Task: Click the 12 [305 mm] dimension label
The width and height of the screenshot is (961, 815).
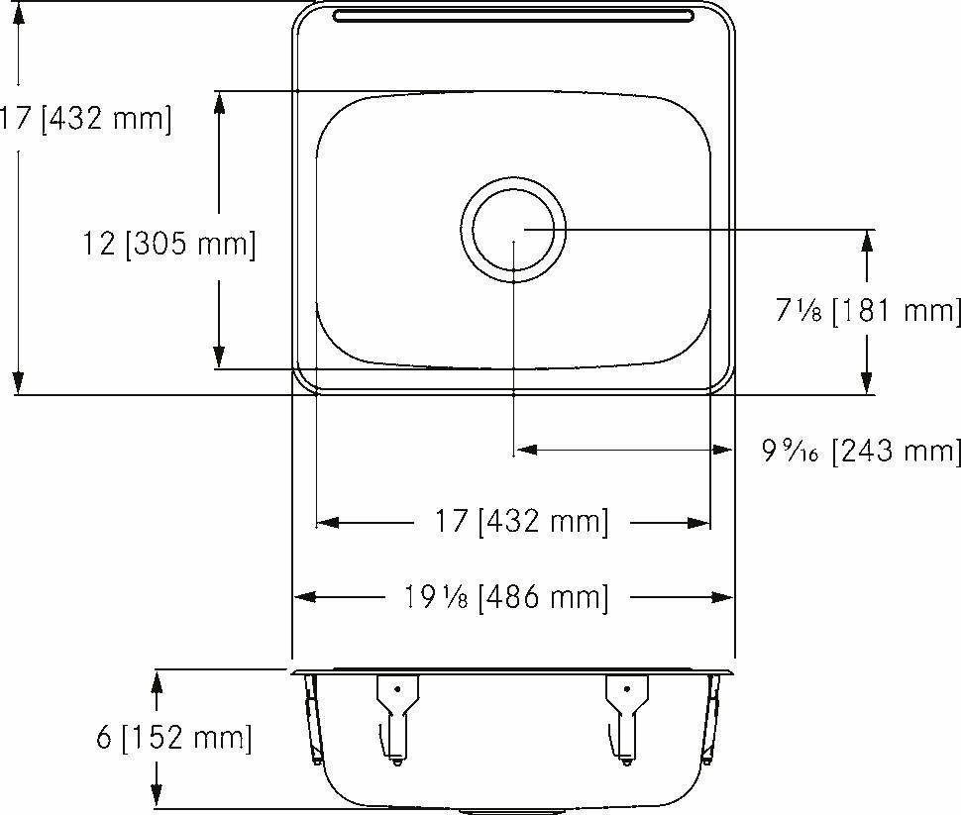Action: [169, 244]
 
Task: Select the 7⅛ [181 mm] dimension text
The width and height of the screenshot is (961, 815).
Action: [868, 312]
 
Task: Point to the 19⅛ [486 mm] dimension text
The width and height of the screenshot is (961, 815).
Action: [505, 597]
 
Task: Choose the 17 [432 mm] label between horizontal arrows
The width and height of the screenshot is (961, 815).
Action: [520, 522]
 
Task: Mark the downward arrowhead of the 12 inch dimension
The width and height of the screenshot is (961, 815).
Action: [219, 357]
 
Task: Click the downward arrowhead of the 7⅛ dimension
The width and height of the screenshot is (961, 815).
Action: [867, 381]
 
